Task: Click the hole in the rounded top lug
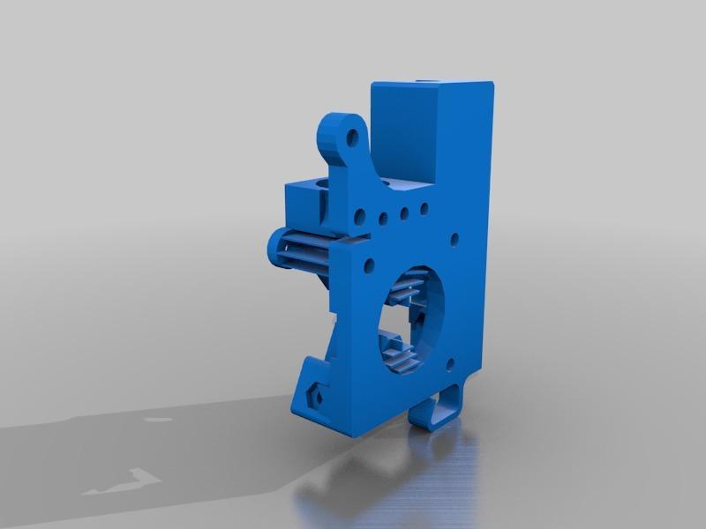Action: point(352,138)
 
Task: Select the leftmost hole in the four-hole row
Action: point(362,216)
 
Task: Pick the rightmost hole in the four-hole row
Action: point(424,209)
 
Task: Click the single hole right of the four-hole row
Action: point(454,237)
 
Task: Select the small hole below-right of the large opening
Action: point(450,362)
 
